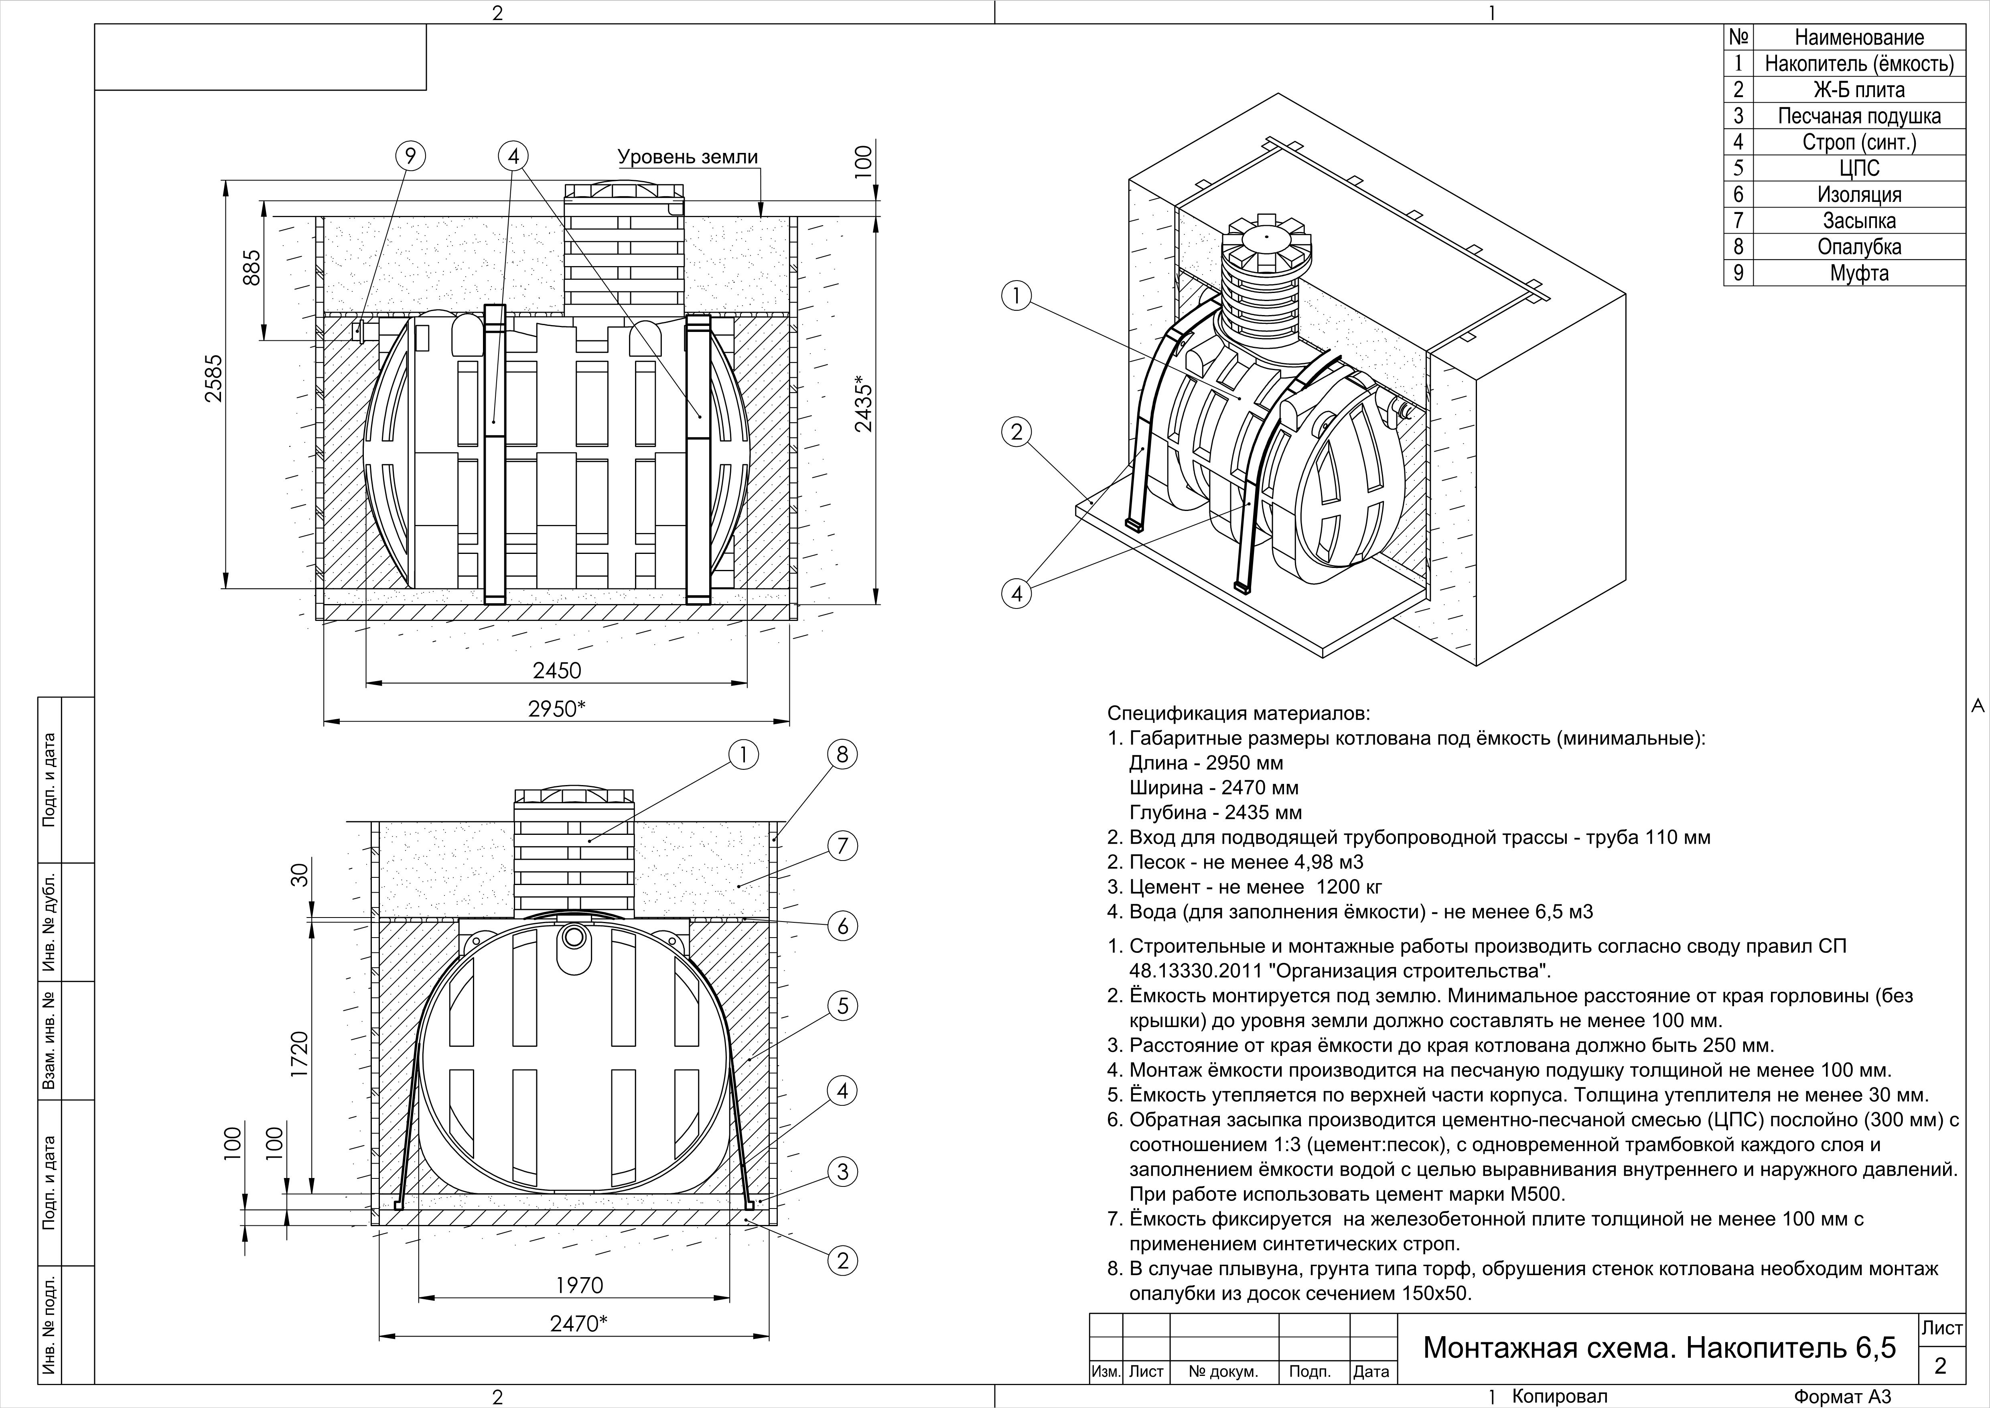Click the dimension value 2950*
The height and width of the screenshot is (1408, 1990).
[x=556, y=709]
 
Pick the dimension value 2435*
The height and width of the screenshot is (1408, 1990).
[x=863, y=403]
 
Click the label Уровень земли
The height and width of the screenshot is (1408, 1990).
[x=687, y=157]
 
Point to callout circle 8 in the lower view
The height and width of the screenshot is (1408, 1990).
[x=842, y=754]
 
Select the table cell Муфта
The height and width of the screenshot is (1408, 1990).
[x=1859, y=273]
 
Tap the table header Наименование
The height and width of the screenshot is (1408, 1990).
[x=1859, y=37]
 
